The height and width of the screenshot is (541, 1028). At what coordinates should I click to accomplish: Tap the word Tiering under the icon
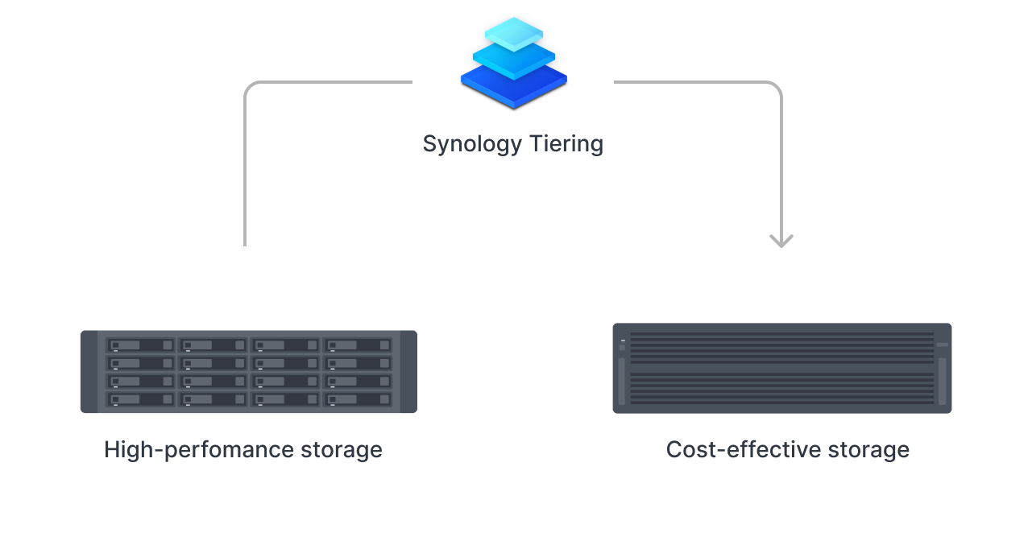(567, 145)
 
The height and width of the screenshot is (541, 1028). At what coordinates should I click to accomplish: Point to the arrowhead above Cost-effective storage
(781, 240)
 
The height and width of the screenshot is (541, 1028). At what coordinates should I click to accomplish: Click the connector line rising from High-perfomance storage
(245, 177)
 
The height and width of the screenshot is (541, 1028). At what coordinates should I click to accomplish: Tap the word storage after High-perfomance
(347, 449)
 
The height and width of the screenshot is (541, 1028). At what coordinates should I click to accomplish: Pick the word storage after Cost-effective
(874, 449)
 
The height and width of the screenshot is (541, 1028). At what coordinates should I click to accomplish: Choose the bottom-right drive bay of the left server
(357, 399)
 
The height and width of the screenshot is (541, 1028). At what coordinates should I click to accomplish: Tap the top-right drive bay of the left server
(357, 345)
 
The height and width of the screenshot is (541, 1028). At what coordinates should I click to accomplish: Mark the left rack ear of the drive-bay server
(89, 372)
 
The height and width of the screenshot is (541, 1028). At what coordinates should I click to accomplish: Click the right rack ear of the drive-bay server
(408, 372)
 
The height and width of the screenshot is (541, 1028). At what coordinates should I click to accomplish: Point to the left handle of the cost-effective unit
(622, 381)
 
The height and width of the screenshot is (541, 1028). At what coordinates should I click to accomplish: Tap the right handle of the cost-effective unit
(943, 381)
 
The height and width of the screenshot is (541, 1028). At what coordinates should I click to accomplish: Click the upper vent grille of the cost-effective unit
(781, 348)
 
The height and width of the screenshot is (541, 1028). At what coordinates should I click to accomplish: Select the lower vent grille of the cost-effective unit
(781, 389)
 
